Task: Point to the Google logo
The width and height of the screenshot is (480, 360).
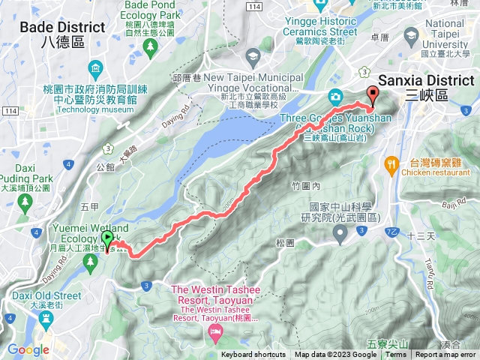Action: [28, 349]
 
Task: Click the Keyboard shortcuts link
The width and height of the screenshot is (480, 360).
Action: [254, 355]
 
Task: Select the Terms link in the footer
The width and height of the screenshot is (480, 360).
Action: [396, 355]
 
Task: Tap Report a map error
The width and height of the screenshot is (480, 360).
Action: [445, 355]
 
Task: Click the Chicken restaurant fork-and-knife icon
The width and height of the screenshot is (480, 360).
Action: [391, 163]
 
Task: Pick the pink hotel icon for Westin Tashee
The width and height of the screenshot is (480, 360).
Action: [217, 331]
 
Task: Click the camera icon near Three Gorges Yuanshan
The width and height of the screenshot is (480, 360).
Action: [334, 96]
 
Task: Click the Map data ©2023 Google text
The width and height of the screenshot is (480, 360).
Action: [336, 355]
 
